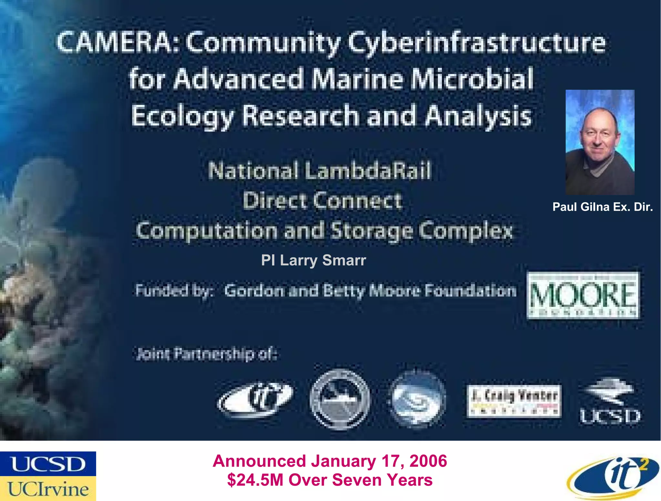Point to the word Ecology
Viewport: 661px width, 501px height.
click(182, 116)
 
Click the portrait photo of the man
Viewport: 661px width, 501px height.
click(600, 142)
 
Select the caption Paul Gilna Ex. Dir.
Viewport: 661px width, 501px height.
click(602, 207)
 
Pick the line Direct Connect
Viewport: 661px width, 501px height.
click(322, 201)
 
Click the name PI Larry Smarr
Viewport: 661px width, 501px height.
click(313, 260)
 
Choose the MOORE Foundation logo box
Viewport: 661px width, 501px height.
click(583, 295)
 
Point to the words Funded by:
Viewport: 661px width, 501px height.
click(174, 290)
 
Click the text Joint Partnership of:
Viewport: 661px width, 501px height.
click(207, 354)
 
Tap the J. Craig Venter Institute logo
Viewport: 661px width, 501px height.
click(514, 401)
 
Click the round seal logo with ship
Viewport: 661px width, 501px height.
click(340, 399)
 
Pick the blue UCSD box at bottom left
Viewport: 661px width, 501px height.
click(48, 464)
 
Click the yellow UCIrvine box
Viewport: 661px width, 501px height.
click(48, 489)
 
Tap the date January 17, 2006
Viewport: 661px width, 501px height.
click(379, 461)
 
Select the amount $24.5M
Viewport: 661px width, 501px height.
click(255, 480)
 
